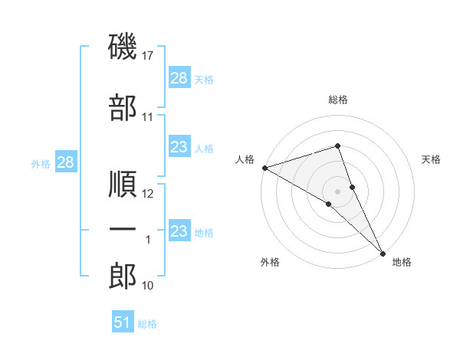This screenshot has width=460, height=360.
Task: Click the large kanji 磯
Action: [x=123, y=47]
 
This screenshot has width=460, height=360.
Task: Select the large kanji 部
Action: [x=123, y=107]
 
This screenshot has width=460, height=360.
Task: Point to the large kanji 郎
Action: [x=123, y=277]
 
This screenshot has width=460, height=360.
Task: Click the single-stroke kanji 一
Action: [x=123, y=230]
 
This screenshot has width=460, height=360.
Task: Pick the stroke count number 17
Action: [x=149, y=56]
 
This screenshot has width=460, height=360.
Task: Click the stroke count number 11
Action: [x=148, y=117]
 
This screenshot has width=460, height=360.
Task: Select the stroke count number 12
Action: [x=149, y=194]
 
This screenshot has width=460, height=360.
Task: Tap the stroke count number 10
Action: [x=149, y=286]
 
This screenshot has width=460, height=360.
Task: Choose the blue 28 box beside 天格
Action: [x=179, y=78]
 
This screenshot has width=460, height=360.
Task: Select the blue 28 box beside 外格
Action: [x=65, y=163]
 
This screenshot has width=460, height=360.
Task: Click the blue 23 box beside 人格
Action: [x=179, y=147]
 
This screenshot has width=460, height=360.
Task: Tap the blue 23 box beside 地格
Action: [x=179, y=231]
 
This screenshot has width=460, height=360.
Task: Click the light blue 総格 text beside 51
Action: [x=147, y=324]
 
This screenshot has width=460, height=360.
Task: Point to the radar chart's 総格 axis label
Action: [x=337, y=100]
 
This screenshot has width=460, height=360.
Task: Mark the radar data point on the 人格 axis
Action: [x=264, y=168]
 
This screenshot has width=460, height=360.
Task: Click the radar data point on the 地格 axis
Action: [x=383, y=252]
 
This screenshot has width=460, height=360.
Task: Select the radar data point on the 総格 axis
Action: [x=337, y=146]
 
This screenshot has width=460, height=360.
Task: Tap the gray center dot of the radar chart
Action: [x=337, y=190]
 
